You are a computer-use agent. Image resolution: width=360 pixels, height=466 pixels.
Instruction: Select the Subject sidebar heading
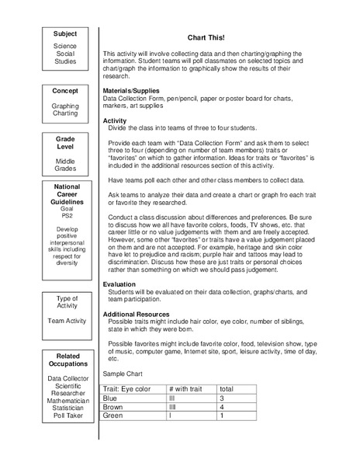pos(65,34)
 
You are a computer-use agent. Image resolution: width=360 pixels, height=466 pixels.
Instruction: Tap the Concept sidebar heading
pos(65,91)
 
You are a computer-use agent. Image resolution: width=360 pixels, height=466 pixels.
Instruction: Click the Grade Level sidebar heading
pos(65,143)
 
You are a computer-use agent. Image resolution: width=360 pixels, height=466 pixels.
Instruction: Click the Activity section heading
pos(116,121)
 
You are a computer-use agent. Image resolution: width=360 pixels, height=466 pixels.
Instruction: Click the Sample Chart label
pos(123,374)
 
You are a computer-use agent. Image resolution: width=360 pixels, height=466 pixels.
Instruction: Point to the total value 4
pos(223,407)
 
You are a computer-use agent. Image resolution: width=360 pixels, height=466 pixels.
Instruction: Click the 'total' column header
pos(227,388)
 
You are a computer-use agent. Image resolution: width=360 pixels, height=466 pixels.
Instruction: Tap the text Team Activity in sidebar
pos(65,319)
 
